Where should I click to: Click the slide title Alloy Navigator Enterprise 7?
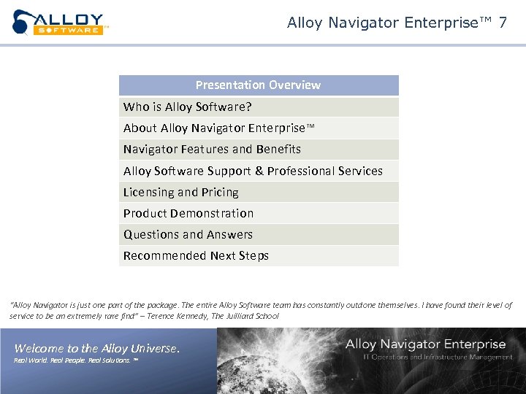coord(397,23)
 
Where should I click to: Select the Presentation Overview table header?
coord(258,85)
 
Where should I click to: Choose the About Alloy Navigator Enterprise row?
coord(218,128)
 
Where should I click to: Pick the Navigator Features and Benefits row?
coord(212,150)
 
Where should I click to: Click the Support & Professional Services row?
coord(253,171)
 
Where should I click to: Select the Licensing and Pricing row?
coord(180,193)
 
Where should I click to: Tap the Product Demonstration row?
coord(188,214)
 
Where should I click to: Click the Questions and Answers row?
coord(188,235)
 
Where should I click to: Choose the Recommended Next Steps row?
coord(196,256)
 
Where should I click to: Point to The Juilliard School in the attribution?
coord(245,316)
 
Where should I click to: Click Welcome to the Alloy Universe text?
coord(96,349)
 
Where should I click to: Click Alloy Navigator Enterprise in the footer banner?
coord(425,344)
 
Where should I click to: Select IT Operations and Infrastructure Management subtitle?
coord(438,357)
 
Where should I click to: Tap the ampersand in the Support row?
coord(259,171)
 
